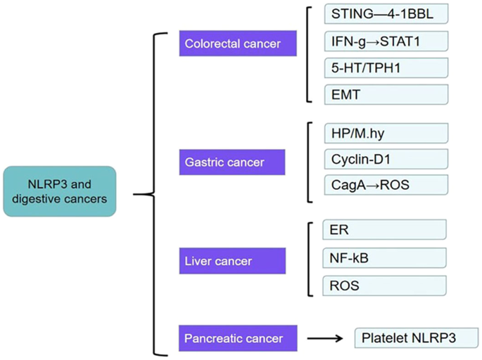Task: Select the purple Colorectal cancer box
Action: coord(233,44)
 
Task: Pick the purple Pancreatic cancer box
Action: coord(233,338)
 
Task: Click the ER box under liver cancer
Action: coord(384,230)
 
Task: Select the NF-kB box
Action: coord(384,257)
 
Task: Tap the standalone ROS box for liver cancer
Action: coord(384,285)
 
